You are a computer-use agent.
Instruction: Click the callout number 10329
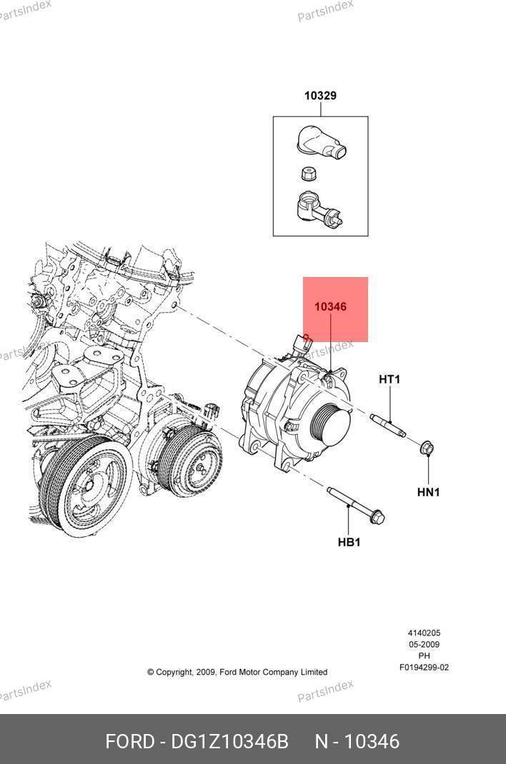(320, 96)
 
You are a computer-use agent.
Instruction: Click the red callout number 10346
(331, 306)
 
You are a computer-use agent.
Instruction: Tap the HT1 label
(389, 379)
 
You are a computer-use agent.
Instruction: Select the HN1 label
(428, 492)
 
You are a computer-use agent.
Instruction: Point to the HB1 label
(349, 542)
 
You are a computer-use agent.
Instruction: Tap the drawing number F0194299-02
(424, 668)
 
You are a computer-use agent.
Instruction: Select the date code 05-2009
(424, 644)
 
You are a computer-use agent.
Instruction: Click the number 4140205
(424, 633)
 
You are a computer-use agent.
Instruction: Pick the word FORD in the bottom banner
(129, 741)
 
